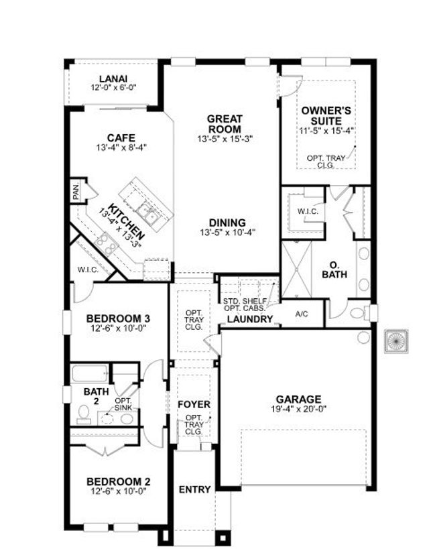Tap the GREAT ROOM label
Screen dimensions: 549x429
(225, 124)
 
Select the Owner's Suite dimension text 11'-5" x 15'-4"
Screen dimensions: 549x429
(326, 131)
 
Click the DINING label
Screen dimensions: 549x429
(227, 223)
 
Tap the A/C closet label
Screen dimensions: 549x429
(302, 314)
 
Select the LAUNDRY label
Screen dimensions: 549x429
(250, 320)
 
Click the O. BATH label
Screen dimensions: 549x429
(333, 269)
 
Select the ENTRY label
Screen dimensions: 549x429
(194, 489)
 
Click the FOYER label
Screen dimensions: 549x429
(194, 405)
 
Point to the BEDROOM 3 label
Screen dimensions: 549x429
(118, 318)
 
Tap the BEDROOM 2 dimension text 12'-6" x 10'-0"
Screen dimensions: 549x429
(118, 491)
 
